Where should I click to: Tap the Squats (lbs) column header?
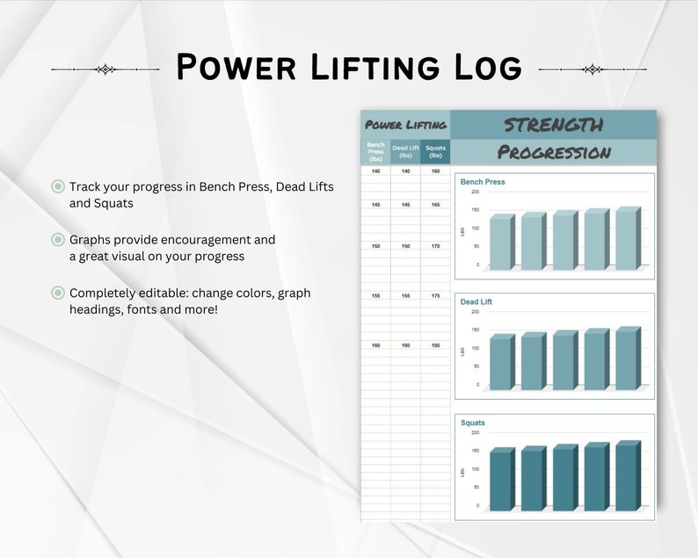435,153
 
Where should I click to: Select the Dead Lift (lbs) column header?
405,153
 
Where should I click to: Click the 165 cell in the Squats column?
435,205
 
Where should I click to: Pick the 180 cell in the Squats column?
435,345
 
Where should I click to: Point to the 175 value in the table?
435,296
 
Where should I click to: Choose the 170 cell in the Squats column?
435,246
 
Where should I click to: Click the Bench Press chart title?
483,182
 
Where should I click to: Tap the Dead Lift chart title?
476,301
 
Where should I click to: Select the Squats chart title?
473,423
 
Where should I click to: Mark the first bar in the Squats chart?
500,480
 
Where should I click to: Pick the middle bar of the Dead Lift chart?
563,361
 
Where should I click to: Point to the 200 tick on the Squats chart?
475,432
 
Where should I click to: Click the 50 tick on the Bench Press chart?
476,246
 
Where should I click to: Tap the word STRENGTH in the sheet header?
553,125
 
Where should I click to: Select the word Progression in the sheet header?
554,152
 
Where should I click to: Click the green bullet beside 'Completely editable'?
58,293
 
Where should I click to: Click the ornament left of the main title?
105,69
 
